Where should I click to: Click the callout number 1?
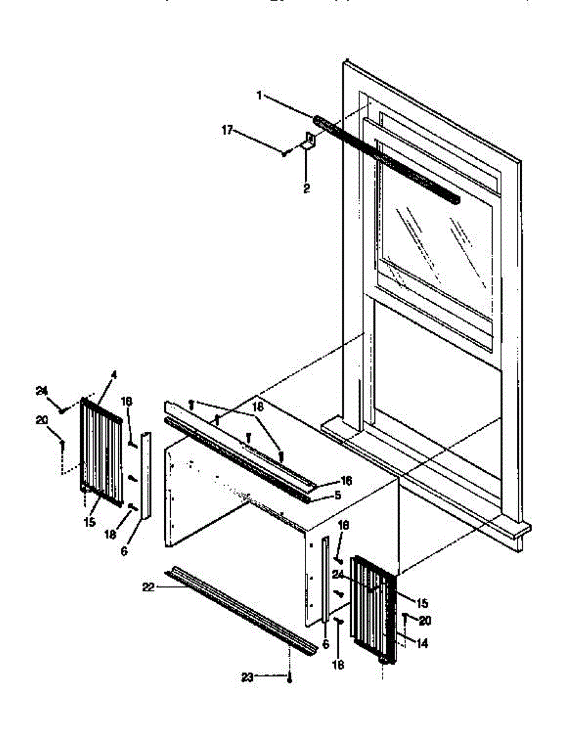[259, 95]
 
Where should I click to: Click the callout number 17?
[227, 130]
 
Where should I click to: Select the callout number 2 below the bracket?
[306, 188]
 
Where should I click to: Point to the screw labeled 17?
[284, 152]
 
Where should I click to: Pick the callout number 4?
[113, 375]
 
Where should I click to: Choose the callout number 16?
[346, 481]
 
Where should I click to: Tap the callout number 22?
[148, 586]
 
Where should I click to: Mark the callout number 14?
[423, 643]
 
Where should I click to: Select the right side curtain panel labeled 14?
[373, 610]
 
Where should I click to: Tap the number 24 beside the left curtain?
[41, 391]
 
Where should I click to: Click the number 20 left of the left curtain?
[41, 420]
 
